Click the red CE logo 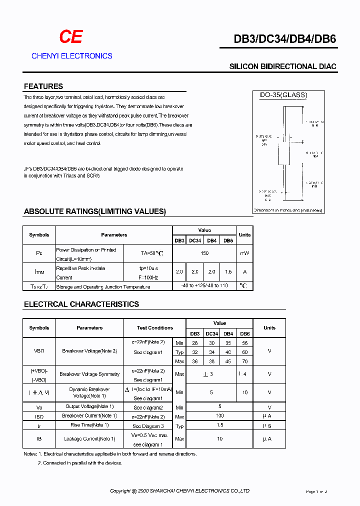70,37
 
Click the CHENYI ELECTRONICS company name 71,56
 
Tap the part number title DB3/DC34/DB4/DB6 278,40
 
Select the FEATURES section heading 43,86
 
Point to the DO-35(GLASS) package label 283,95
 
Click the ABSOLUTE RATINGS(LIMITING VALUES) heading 94,211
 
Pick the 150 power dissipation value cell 204,253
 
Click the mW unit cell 244,253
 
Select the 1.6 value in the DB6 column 228,272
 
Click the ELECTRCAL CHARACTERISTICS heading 81,304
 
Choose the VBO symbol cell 39,351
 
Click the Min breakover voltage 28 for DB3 195,343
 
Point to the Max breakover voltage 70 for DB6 244,361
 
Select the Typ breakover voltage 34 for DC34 211,352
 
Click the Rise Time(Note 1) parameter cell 89,425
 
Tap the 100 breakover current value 220,416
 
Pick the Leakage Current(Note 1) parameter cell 89,439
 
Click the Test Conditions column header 155,328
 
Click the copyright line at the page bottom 180,491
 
